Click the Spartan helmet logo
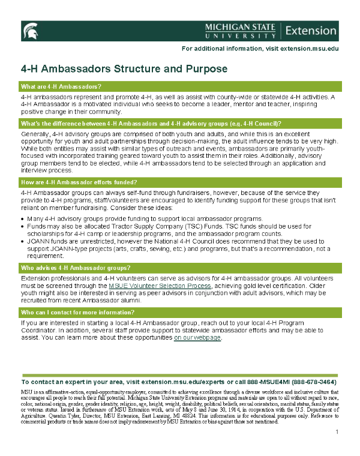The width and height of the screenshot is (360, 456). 29,31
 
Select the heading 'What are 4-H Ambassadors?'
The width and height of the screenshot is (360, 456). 61,86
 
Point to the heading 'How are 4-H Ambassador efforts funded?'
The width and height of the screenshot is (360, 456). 79,182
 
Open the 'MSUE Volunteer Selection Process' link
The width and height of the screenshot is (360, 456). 160,287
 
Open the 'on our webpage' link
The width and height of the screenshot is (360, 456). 198,338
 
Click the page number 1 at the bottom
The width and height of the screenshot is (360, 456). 337,433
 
